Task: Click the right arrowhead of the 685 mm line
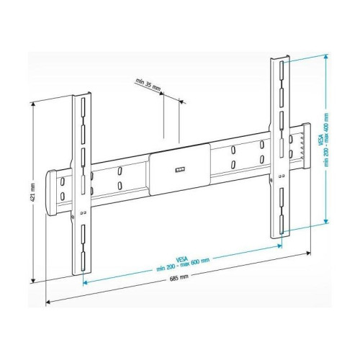[x=310, y=254]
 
